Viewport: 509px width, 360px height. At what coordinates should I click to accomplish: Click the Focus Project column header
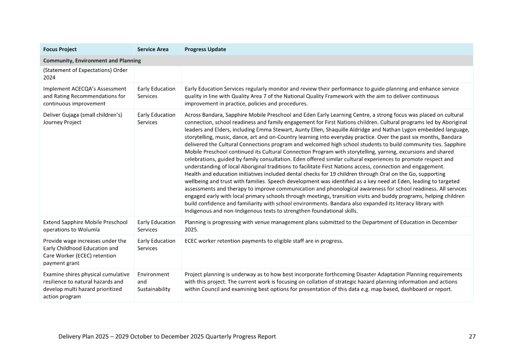[60, 49]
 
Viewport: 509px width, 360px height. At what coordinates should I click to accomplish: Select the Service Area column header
[153, 49]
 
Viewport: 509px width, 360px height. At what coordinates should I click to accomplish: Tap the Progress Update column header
[205, 49]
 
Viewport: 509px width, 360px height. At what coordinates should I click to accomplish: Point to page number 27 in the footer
[472, 337]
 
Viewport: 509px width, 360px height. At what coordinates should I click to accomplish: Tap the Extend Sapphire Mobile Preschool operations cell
[85, 226]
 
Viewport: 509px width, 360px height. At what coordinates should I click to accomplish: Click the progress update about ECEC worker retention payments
[264, 241]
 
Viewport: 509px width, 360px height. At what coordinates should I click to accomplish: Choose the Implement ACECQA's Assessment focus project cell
[85, 96]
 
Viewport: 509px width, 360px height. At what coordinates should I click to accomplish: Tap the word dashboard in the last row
[410, 289]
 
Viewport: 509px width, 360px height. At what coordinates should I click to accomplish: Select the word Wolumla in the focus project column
[77, 229]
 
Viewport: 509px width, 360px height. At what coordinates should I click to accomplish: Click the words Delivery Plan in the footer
[77, 337]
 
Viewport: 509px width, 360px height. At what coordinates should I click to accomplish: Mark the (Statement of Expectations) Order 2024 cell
[85, 74]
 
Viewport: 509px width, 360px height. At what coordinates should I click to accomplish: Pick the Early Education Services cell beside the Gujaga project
[156, 118]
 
